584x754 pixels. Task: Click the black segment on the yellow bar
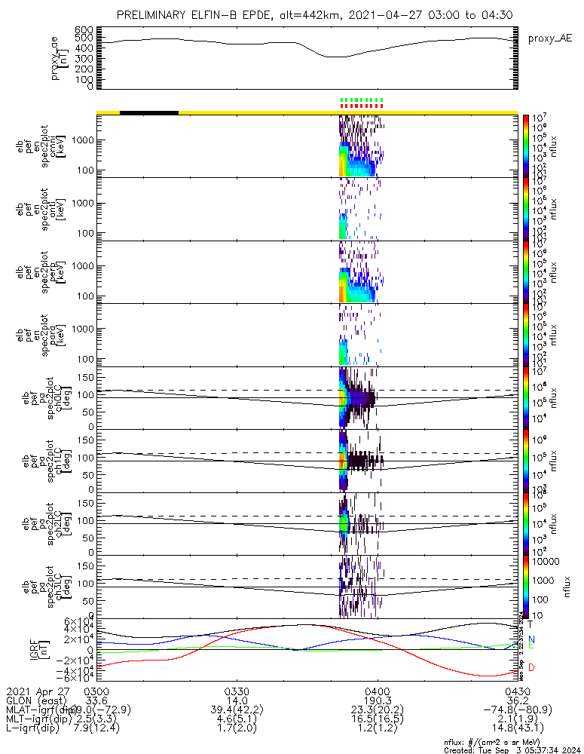149,112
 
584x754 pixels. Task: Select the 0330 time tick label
237,690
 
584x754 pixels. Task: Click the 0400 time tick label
377,690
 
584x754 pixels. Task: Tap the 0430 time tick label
517,690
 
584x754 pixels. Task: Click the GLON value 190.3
377,700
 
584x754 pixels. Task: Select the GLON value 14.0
237,700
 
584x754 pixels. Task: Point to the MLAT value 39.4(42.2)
237,710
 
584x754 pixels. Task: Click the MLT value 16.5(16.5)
377,720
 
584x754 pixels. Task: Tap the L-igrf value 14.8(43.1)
517,730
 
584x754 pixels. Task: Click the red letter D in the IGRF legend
532,667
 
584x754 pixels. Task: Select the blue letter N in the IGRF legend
532,639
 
